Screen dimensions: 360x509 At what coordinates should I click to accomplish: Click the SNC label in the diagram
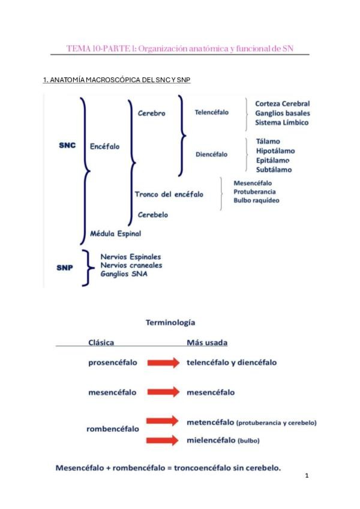[x=67, y=146]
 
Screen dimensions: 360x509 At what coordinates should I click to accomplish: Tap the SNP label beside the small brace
[x=65, y=268]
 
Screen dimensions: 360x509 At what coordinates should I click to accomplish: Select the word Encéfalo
[x=104, y=146]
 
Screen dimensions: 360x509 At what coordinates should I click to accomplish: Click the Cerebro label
[x=151, y=113]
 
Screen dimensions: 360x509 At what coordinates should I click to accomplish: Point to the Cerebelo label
[x=152, y=214]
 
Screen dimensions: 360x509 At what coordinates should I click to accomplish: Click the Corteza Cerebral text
[x=282, y=103]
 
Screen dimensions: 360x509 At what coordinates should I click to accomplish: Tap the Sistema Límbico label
[x=281, y=122]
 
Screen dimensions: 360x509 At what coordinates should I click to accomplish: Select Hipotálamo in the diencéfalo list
[x=275, y=151]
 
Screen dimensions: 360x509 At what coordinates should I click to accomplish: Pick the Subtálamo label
[x=274, y=170]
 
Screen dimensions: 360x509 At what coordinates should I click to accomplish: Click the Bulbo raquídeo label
[x=256, y=200]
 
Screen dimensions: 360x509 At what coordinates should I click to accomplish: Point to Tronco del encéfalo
[x=169, y=194]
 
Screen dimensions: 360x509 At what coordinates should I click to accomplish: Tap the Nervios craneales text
[x=131, y=265]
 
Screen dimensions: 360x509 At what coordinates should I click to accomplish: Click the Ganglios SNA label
[x=124, y=274]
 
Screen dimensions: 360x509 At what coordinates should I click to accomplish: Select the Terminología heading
[x=170, y=322]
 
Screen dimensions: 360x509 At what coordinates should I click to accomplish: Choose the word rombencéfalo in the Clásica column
[x=113, y=429]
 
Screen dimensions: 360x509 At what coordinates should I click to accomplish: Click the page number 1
[x=307, y=476]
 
